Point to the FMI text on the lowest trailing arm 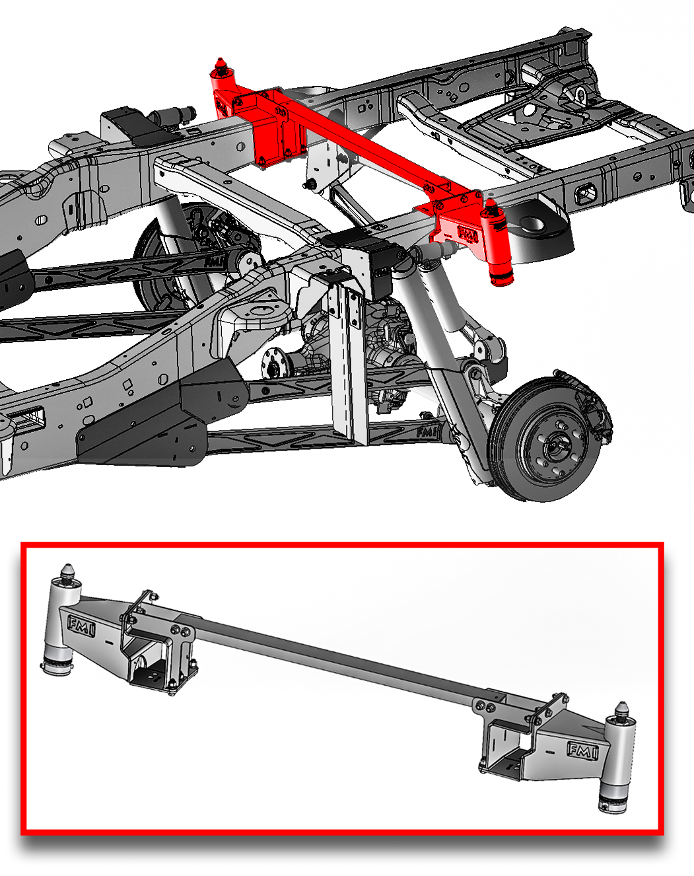pos(427,432)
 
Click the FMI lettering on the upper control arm pos(213,262)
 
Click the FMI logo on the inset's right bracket pos(582,750)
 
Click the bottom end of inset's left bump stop pos(58,669)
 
